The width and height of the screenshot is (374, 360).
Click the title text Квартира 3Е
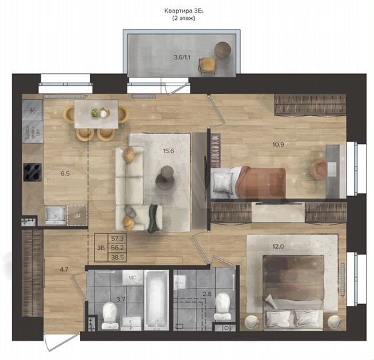point(187,11)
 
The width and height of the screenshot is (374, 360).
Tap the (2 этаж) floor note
point(187,19)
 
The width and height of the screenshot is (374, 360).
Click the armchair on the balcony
point(208,65)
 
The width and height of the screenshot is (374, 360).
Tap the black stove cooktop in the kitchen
point(32,171)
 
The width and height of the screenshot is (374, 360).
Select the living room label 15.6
point(168,151)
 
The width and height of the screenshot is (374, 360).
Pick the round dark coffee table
point(165,178)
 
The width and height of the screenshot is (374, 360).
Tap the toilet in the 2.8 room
point(223,306)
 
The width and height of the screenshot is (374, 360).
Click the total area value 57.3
point(118,237)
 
